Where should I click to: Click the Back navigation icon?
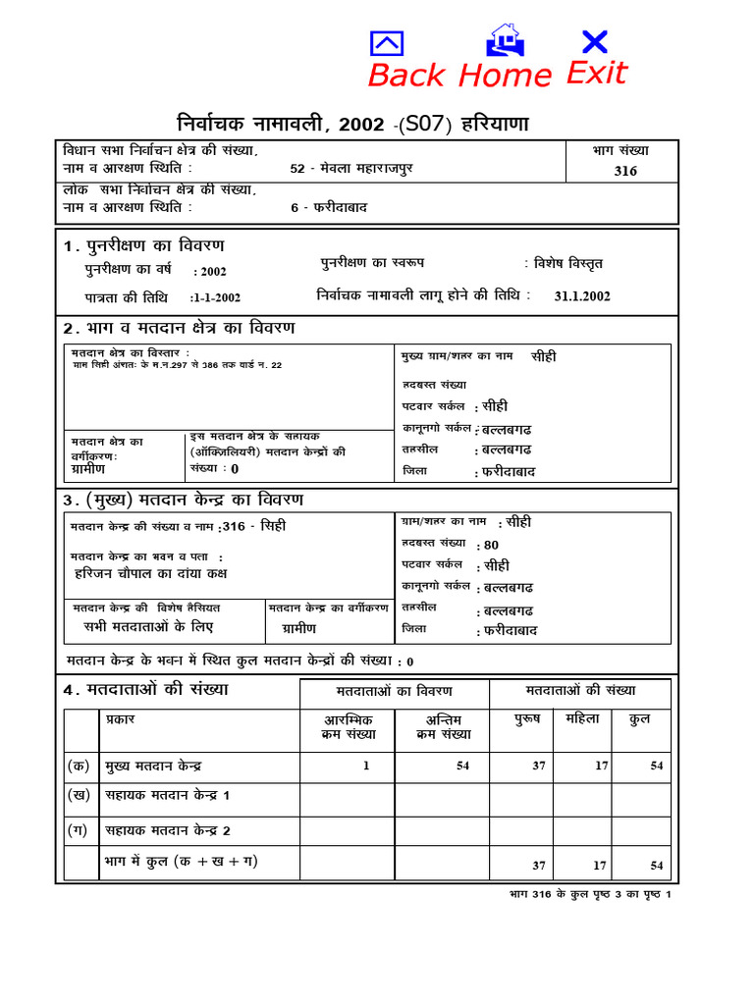pos(387,43)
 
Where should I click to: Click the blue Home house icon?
pos(506,40)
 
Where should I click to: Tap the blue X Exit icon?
pos(594,41)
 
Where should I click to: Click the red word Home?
pos(505,75)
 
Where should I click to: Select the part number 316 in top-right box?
pos(624,171)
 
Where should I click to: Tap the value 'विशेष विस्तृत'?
pos(568,264)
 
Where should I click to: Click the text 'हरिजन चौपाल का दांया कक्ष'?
pos(150,573)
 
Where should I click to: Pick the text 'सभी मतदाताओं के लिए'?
pos(148,626)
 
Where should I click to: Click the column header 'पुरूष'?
pos(528,719)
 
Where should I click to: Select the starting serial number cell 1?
pos(366,767)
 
